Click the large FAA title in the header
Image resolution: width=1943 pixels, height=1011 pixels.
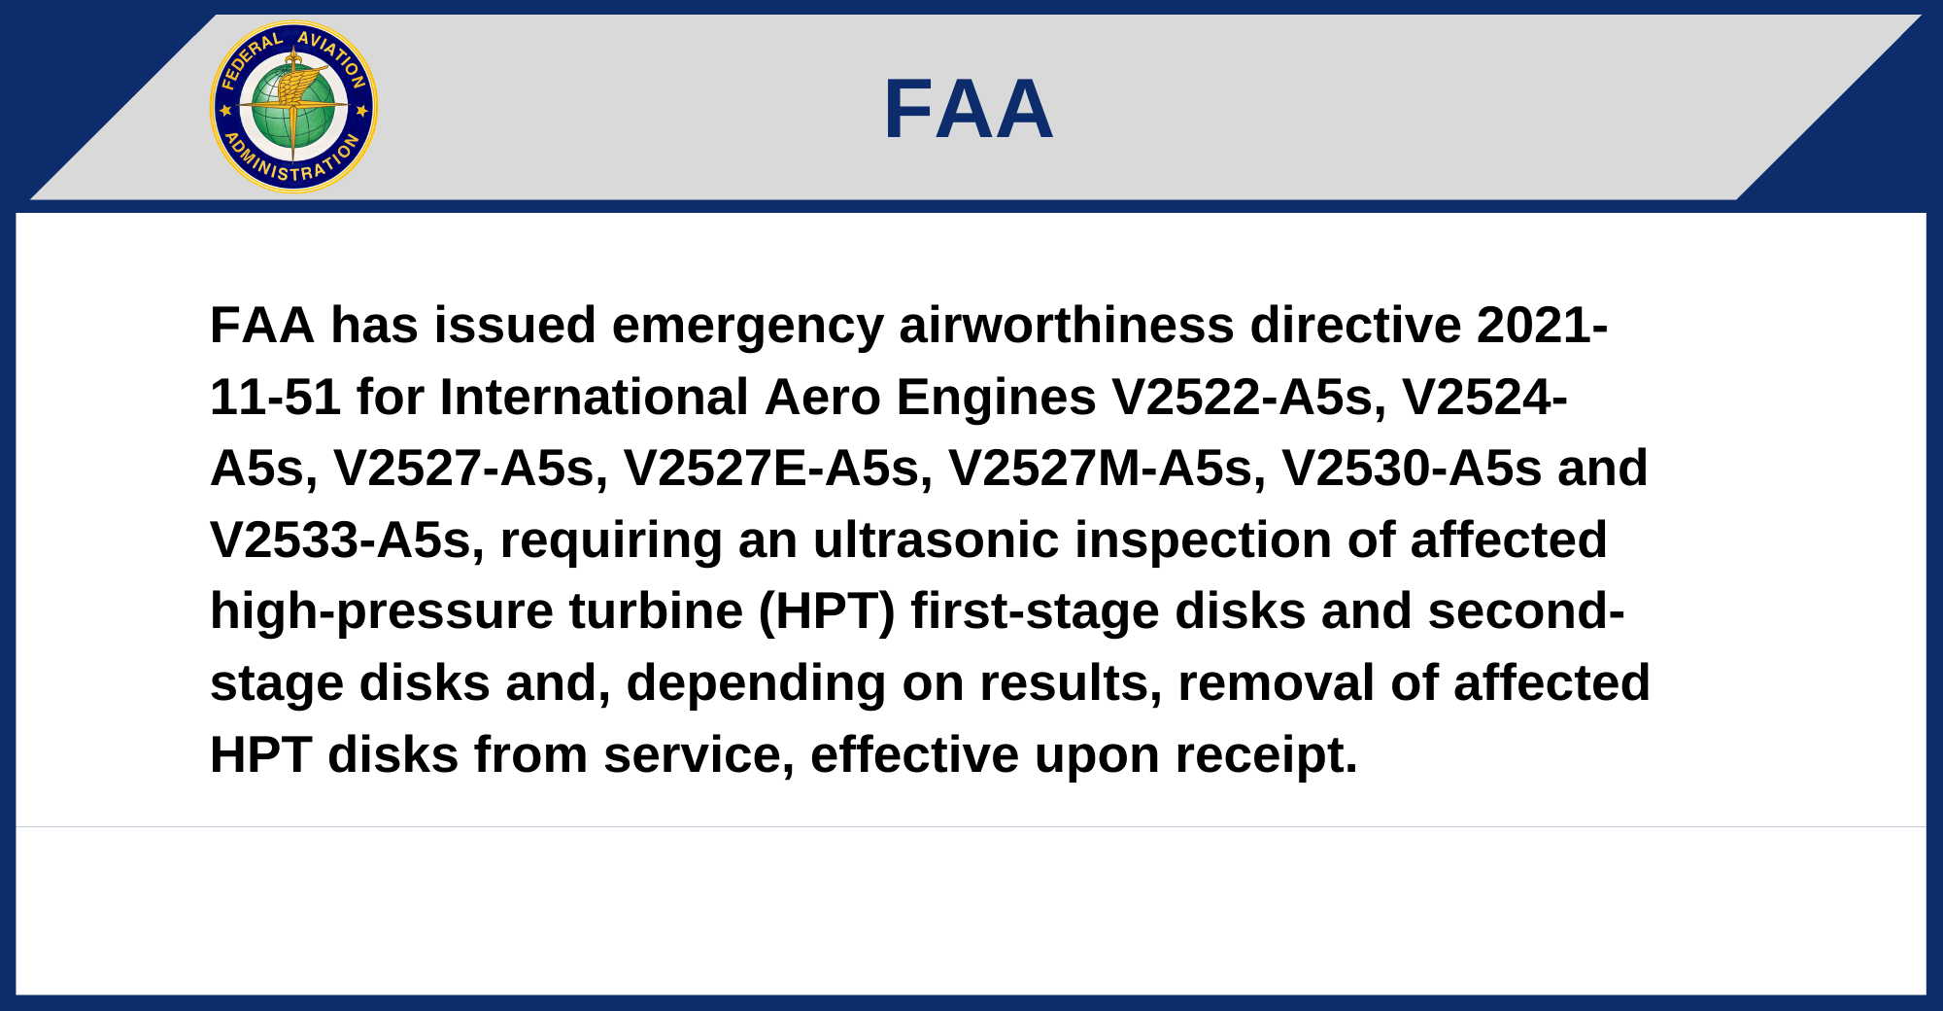click(969, 110)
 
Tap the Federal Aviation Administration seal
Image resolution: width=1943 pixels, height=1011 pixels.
click(293, 107)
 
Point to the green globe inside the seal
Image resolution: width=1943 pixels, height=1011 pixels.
click(292, 107)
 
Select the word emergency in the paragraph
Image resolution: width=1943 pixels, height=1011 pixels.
click(748, 327)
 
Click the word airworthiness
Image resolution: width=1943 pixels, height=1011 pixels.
click(1067, 325)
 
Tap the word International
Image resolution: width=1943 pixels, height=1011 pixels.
click(594, 397)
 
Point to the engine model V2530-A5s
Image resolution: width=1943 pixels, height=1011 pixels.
click(1412, 469)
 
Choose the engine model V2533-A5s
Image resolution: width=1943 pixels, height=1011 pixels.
click(347, 540)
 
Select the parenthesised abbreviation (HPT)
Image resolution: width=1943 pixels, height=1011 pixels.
click(827, 612)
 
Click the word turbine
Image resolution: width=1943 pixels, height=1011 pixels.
click(656, 611)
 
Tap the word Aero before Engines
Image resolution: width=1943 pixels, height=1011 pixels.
click(822, 398)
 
